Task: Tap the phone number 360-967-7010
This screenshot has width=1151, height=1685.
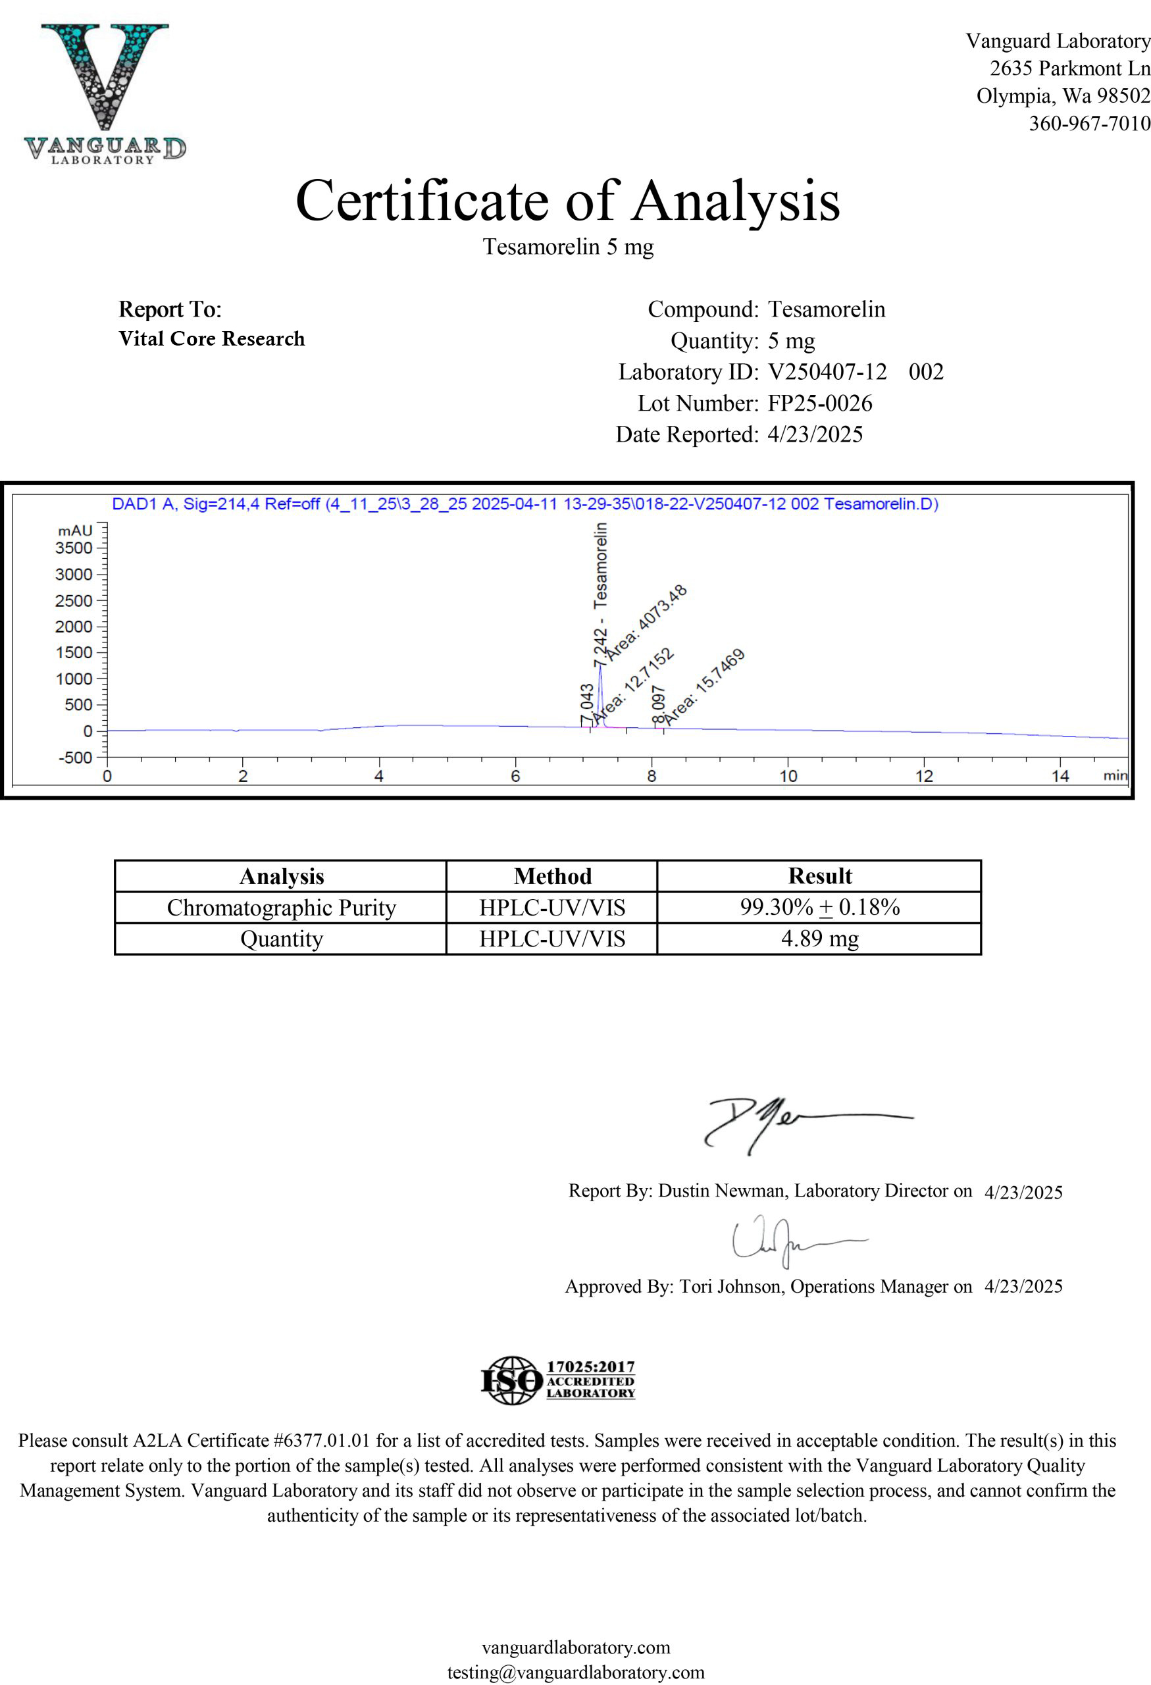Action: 1088,123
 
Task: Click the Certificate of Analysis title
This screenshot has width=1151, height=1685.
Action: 567,201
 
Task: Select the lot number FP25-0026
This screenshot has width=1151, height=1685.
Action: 819,403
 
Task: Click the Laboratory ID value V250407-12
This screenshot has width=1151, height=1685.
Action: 827,372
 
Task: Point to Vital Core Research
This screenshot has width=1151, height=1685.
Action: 212,338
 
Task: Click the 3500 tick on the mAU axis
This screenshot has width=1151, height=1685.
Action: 74,548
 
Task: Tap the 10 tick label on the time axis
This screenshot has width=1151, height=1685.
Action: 787,776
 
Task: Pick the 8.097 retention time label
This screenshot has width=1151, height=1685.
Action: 657,704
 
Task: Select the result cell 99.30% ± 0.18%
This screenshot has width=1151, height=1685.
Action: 819,907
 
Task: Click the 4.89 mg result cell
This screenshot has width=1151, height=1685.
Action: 819,939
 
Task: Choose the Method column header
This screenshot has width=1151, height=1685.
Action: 552,876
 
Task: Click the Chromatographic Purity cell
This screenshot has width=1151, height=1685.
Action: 281,908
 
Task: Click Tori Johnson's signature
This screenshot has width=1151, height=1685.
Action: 790,1242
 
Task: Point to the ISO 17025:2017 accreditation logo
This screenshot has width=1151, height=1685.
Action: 558,1380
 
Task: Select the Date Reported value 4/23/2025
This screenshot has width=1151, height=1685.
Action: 815,434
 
